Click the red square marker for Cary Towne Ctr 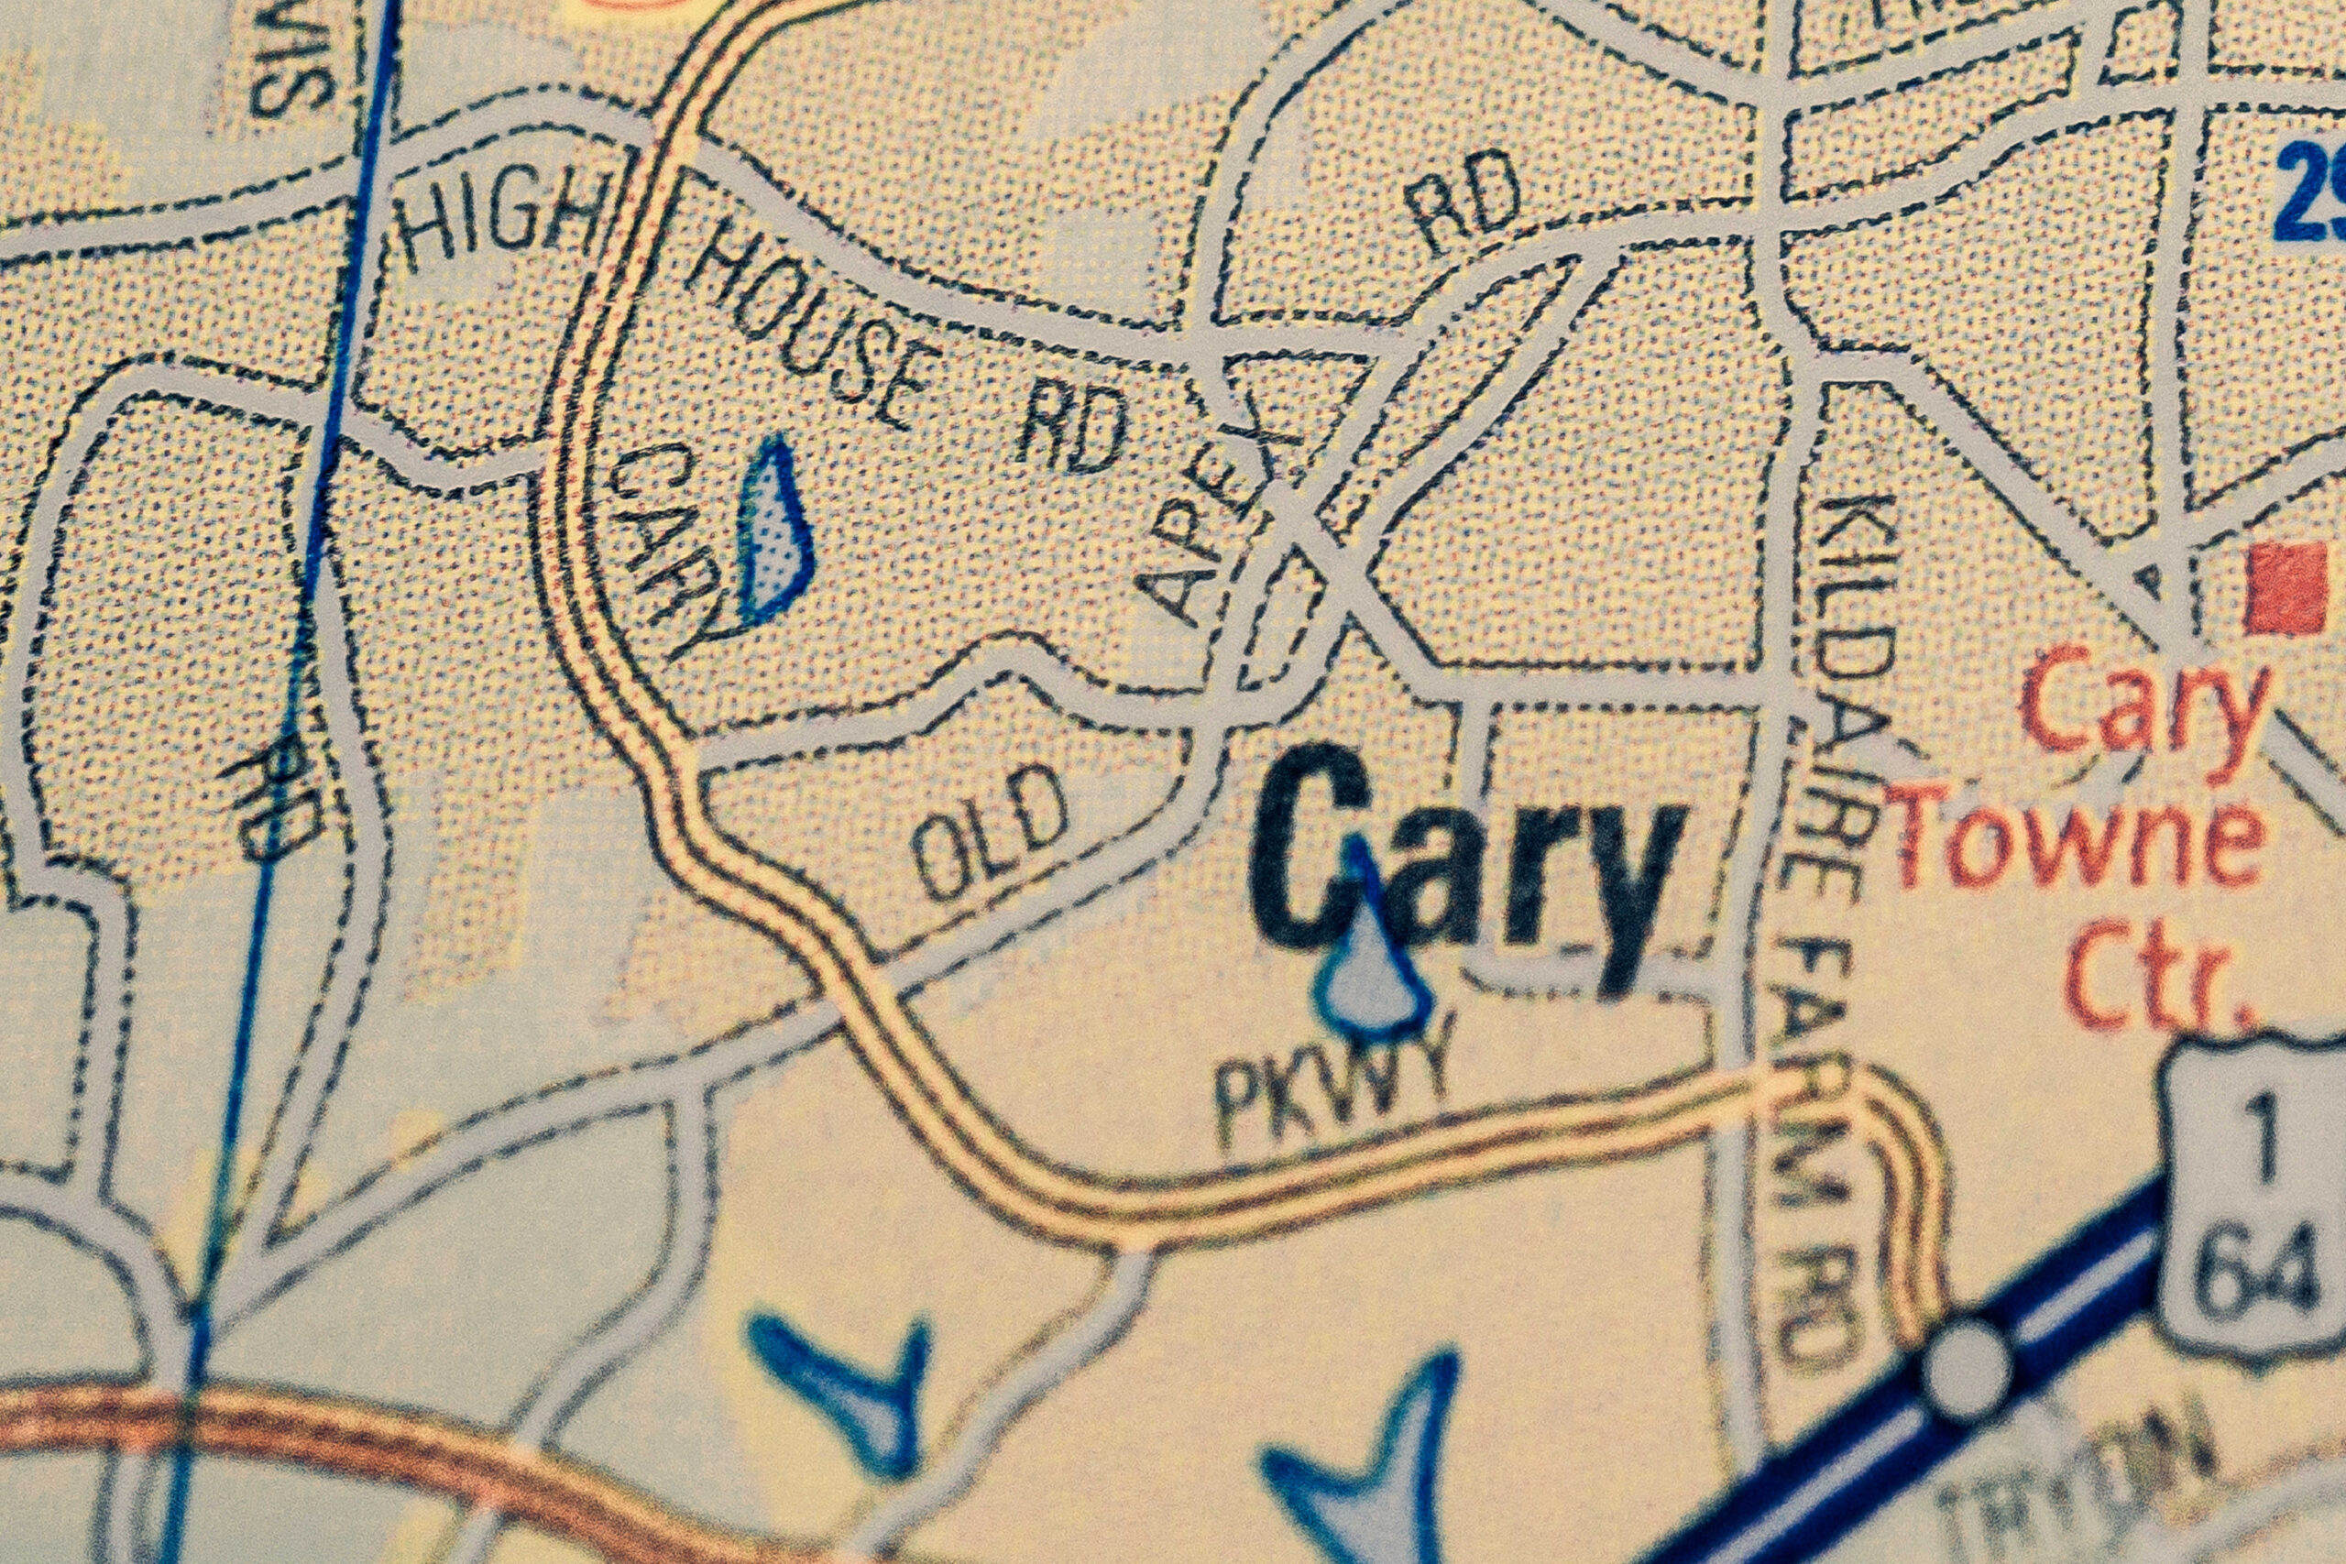point(2285,587)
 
